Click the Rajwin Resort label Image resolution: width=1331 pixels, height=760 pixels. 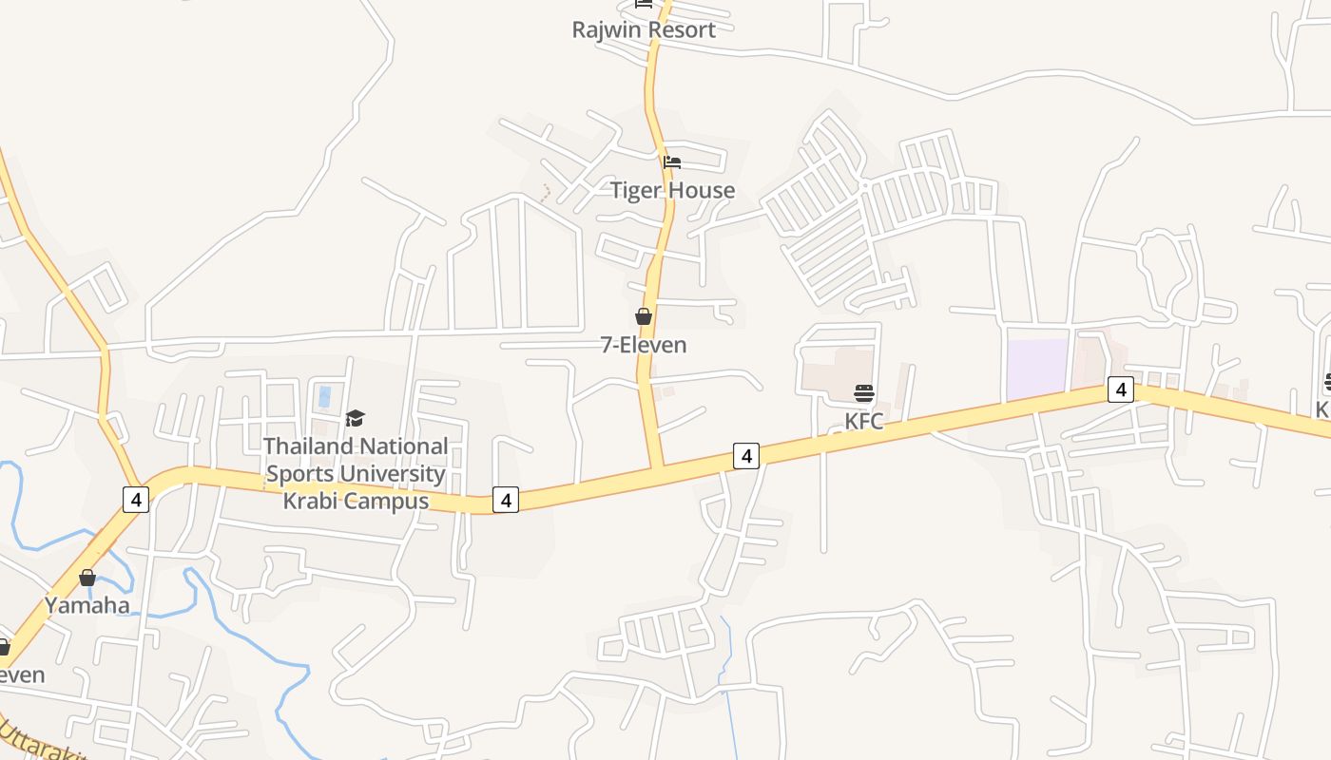point(644,29)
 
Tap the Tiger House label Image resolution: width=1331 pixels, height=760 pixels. point(672,190)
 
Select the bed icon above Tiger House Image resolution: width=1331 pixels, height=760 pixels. point(672,162)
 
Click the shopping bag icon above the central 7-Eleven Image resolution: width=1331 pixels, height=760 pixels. point(644,316)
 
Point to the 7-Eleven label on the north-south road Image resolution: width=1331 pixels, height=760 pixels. point(644,345)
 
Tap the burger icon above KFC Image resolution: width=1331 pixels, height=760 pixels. point(864,393)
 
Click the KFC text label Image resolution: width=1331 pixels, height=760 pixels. point(864,421)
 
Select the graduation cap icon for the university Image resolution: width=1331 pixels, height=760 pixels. point(355,418)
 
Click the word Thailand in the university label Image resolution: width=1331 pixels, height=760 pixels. point(310,446)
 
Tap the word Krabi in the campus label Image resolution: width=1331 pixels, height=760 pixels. point(316,501)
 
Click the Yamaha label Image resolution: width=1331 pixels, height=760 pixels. point(87,605)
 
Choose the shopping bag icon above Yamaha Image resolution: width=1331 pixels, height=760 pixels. point(87,578)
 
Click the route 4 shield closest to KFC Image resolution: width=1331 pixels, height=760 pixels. point(746,456)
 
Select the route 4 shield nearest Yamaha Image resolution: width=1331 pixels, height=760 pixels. point(136,499)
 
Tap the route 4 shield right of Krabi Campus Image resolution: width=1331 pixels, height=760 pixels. point(506,499)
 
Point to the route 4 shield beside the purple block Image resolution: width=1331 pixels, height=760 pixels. point(1121,389)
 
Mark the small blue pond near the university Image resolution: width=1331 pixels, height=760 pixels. point(325,396)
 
